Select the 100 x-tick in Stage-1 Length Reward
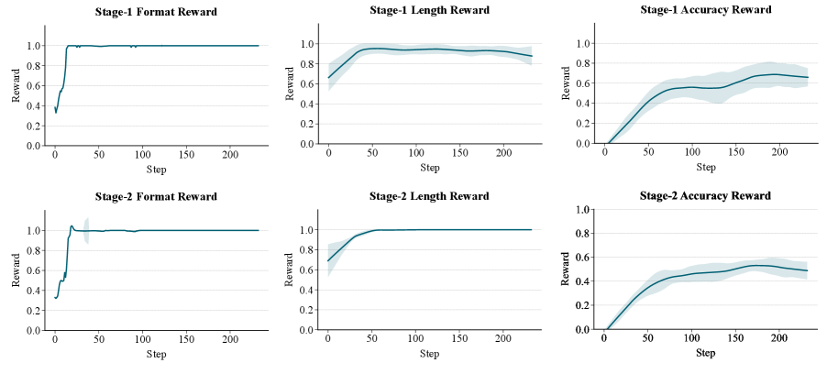(415, 152)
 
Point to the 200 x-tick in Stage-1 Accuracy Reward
(779, 152)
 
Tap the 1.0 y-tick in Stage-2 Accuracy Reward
(583, 210)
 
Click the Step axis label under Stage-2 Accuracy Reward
(705, 353)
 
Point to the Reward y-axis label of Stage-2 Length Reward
(290, 272)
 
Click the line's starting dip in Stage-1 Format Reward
(56, 112)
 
